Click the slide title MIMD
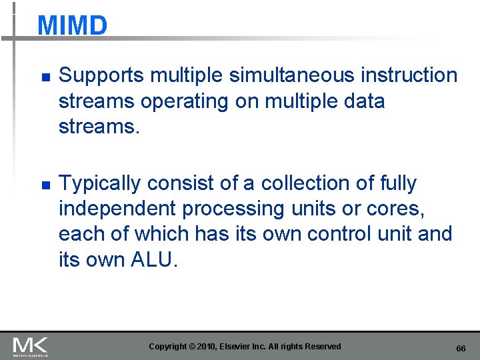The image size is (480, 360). pyautogui.click(x=72, y=26)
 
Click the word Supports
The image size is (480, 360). pyautogui.click(x=102, y=76)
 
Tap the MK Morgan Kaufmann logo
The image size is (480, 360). pyautogui.click(x=31, y=346)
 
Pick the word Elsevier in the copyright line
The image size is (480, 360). pyautogui.click(x=244, y=347)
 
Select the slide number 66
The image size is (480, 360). pyautogui.click(x=461, y=349)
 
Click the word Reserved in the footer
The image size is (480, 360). pyautogui.click(x=322, y=347)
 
